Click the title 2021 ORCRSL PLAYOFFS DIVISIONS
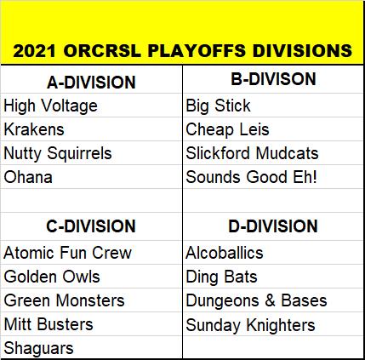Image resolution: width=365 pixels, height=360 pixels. [x=182, y=51]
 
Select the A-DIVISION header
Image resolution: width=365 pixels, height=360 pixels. [x=91, y=83]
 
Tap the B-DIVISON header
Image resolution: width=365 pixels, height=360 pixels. [x=273, y=79]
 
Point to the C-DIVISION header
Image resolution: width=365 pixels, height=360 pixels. [x=91, y=226]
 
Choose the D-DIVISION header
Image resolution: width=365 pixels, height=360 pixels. [x=273, y=226]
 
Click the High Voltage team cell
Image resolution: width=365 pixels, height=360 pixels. [x=51, y=106]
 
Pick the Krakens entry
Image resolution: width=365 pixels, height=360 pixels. [x=34, y=129]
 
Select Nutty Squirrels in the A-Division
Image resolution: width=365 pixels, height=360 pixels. [x=58, y=154]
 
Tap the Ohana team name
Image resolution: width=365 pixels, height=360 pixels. [x=28, y=177]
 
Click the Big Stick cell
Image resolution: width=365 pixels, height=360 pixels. [x=218, y=106]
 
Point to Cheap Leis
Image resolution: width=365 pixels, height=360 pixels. [x=227, y=130]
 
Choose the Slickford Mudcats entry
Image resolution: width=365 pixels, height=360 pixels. [x=252, y=153]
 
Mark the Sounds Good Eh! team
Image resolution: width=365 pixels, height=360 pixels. [x=251, y=177]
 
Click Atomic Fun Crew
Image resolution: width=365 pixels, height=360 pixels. [x=68, y=253]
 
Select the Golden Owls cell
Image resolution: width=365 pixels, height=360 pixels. [x=52, y=277]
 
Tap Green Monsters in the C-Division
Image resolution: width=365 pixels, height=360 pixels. [x=65, y=300]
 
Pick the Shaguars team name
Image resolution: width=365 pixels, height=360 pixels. [x=38, y=349]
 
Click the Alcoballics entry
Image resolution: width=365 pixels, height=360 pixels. [x=225, y=253]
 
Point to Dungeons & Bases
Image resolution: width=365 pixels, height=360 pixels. [x=256, y=301]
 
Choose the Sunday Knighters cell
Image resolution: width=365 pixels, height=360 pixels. [x=250, y=325]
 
